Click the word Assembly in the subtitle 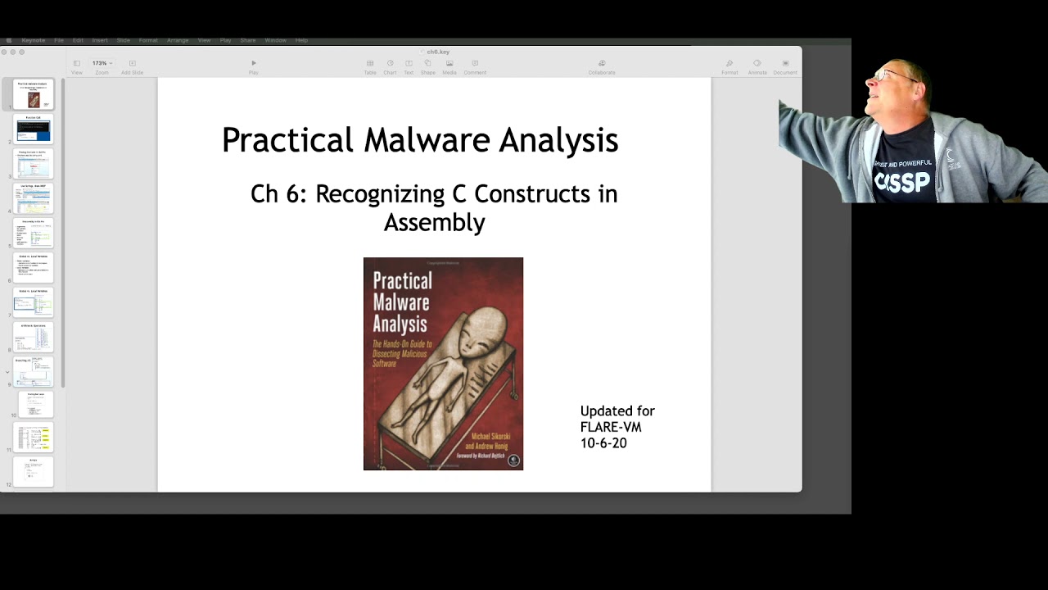click(434, 222)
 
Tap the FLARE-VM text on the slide click(610, 427)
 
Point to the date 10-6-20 click(603, 443)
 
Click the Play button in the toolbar click(253, 64)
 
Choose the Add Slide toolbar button click(132, 64)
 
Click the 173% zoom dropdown click(102, 63)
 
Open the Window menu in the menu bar click(275, 40)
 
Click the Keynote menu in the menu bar click(34, 40)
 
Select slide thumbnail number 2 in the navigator click(34, 129)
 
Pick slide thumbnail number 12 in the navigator click(34, 472)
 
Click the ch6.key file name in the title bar click(438, 52)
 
